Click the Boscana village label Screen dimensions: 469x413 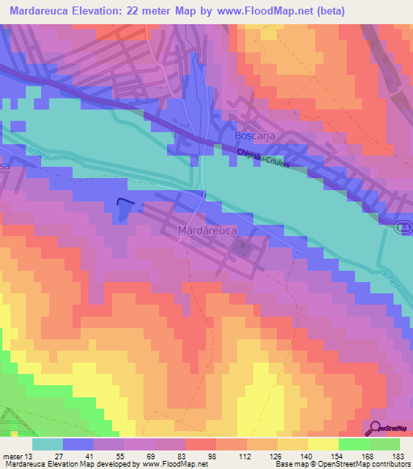[254, 136]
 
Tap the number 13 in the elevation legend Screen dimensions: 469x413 [30, 455]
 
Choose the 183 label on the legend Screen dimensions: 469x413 [398, 455]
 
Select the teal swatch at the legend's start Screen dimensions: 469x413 [47, 444]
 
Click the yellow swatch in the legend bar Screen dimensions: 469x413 [323, 444]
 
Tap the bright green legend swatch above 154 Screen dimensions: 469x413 [354, 444]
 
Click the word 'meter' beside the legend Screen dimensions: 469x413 [12, 455]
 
